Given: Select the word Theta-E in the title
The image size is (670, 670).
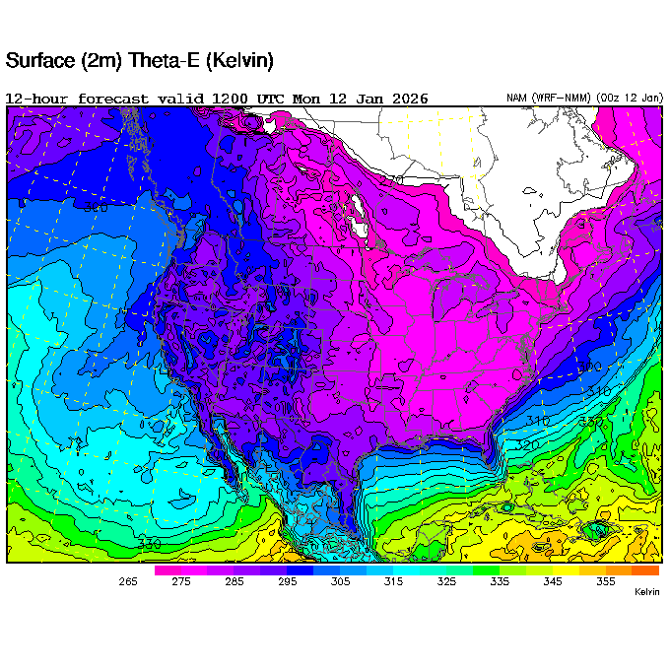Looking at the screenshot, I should [x=159, y=61].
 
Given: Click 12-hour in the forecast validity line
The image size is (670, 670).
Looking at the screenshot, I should [x=37, y=99].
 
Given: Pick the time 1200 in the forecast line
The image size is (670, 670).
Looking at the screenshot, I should [x=234, y=99].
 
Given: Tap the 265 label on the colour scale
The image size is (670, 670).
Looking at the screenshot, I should [x=128, y=582].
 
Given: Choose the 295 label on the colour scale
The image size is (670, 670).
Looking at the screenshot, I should [x=287, y=582].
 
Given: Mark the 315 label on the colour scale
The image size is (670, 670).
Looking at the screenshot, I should [x=393, y=582].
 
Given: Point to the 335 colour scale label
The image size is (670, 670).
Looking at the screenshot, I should [x=500, y=582].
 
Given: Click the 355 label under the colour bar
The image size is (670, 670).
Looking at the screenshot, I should [x=605, y=582].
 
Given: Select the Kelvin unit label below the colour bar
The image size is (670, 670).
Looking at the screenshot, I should [x=645, y=592].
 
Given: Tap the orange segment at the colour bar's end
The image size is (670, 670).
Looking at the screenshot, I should [x=645, y=569].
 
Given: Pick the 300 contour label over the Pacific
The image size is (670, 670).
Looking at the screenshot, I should [x=96, y=208].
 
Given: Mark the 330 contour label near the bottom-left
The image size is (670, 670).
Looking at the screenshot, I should [x=150, y=544].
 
